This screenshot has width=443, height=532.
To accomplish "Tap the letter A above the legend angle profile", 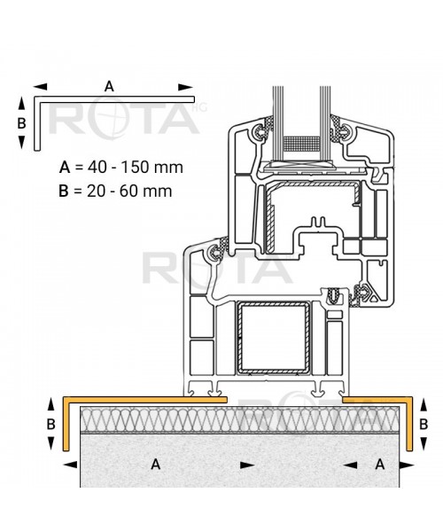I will coord(109,86).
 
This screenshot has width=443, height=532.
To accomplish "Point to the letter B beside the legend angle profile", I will coord(22,123).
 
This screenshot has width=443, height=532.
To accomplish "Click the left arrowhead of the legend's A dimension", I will coord(40,87).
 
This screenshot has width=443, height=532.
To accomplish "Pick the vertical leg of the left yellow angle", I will coord(67,425).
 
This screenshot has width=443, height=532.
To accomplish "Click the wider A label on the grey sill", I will coord(155,463).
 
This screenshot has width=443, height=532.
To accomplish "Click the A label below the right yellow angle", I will coord(378,463).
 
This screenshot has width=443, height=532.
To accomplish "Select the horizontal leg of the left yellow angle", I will coord(142,401).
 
